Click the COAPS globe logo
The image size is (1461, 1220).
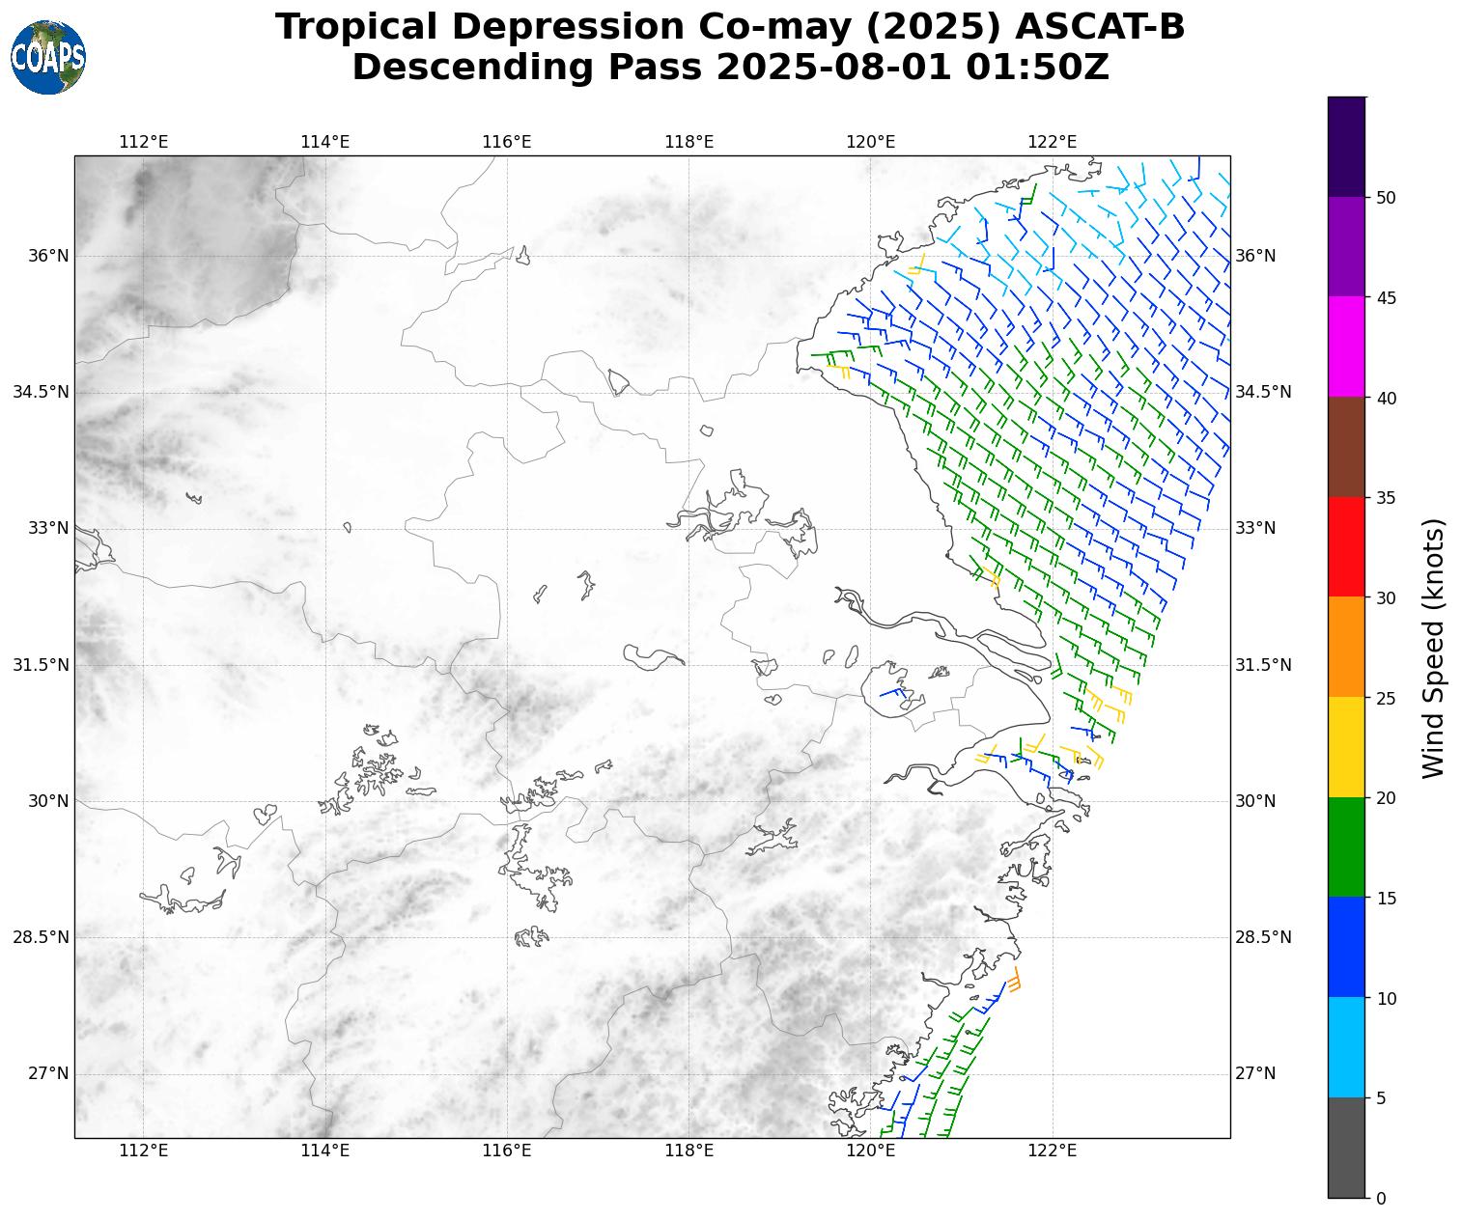tap(48, 58)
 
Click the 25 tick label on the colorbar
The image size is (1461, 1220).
tap(1386, 698)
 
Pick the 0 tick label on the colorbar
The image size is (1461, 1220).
tap(1381, 1198)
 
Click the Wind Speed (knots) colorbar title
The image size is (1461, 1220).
tap(1435, 648)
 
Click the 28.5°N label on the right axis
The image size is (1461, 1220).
tap(1263, 937)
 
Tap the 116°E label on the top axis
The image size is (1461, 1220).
tap(507, 143)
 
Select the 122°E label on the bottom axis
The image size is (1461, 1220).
tap(1053, 1151)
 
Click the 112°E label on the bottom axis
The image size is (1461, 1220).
tap(144, 1151)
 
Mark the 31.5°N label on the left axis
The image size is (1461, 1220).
tap(42, 665)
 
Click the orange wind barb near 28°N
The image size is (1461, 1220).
tap(1015, 979)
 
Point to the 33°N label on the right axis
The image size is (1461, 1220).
tap(1255, 528)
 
